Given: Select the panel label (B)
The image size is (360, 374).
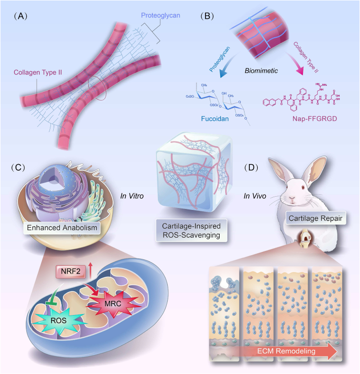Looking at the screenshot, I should (208, 16).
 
